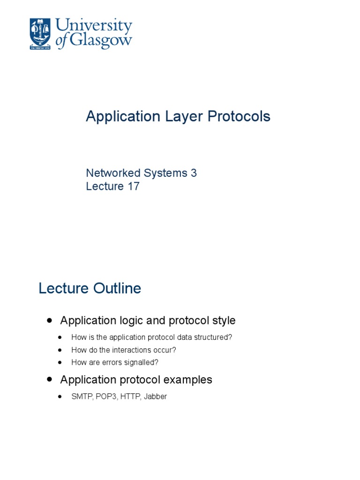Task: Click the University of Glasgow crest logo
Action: coord(41,34)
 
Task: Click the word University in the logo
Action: coord(94,26)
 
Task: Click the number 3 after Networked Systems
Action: coord(193,173)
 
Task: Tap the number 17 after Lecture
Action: coord(133,186)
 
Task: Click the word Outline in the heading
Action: coord(117,288)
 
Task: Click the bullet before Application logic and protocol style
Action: coord(50,321)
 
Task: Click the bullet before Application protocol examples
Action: coord(50,380)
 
